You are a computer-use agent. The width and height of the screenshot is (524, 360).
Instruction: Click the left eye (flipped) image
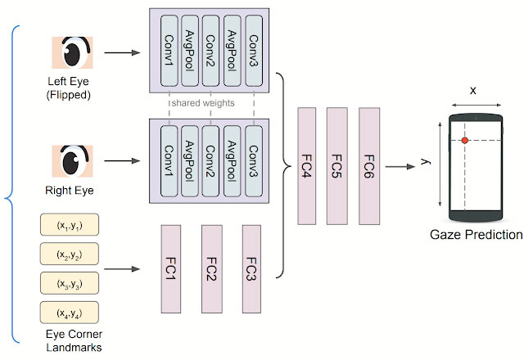tap(72, 52)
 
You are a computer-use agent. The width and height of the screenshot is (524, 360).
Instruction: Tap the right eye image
tap(72, 161)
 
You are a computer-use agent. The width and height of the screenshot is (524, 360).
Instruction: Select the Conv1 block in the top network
tap(169, 51)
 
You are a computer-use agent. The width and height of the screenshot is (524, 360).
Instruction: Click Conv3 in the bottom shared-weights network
tap(254, 161)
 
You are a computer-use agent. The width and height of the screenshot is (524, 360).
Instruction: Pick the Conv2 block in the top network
tap(210, 51)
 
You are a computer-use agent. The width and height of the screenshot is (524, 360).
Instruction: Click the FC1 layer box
tap(171, 269)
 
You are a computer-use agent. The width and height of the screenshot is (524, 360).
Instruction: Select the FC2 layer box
tap(211, 269)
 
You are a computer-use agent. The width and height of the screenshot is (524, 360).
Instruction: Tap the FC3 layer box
tap(251, 269)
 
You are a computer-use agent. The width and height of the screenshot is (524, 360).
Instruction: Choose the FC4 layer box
tap(306, 166)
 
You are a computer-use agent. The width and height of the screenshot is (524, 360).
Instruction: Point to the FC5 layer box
tap(337, 166)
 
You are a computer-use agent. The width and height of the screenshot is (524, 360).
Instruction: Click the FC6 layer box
tap(369, 166)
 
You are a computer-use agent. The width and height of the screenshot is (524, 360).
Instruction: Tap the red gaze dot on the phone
tap(465, 140)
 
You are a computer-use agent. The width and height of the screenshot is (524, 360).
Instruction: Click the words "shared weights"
tap(203, 103)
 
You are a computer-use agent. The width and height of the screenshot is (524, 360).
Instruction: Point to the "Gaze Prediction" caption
tap(477, 235)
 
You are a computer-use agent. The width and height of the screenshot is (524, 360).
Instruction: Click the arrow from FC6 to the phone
tap(400, 166)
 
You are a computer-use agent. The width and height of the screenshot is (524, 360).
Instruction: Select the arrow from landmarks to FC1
tap(122, 269)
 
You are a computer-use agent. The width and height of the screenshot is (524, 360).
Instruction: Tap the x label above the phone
tap(473, 91)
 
